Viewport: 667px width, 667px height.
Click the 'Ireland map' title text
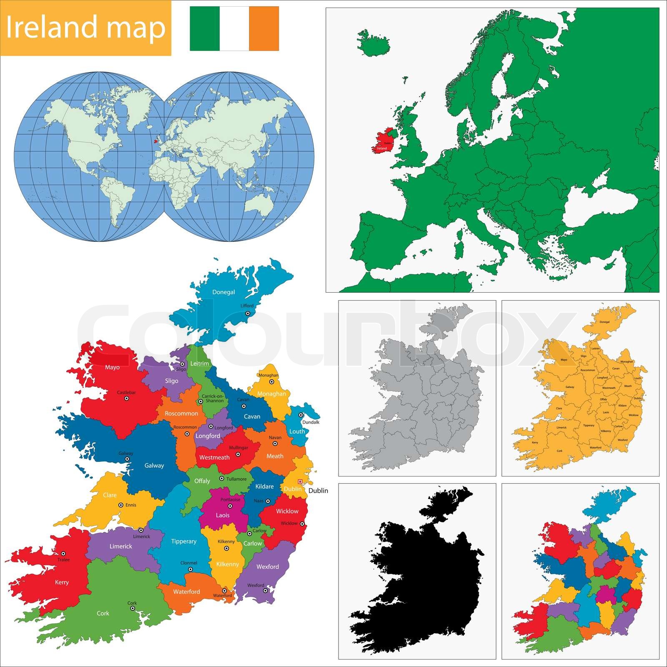point(85,28)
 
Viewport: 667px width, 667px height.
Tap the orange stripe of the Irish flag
point(264,28)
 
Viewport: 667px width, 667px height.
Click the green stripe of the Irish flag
point(204,28)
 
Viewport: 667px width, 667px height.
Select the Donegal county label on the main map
point(223,292)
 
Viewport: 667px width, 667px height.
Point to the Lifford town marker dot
point(247,313)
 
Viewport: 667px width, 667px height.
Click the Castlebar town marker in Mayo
point(127,399)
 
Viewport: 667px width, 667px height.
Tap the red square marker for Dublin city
point(300,481)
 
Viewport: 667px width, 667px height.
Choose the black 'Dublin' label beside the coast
point(318,491)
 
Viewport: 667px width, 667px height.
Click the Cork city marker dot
point(132,608)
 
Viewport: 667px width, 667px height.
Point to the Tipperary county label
point(183,542)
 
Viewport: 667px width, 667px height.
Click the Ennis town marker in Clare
point(121,505)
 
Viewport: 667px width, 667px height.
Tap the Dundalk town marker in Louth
point(301,415)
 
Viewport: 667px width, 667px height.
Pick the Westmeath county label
point(214,457)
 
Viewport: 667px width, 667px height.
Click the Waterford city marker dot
point(224,591)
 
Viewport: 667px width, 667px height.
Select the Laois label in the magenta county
point(223,515)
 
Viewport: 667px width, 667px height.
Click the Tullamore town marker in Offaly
point(222,479)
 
